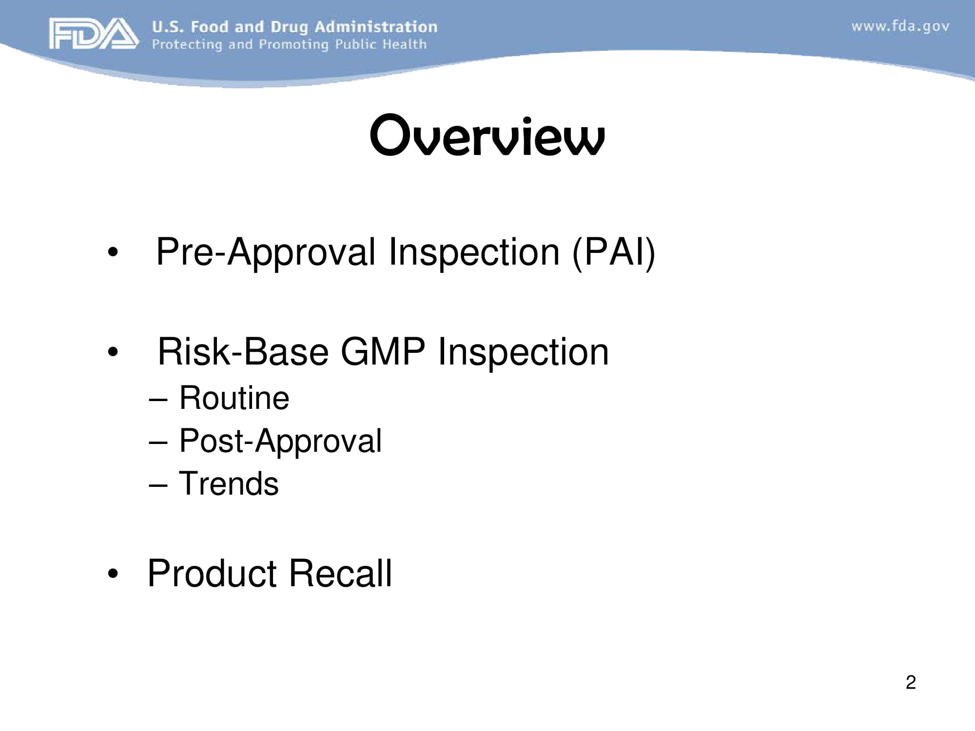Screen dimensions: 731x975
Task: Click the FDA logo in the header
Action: pos(93,34)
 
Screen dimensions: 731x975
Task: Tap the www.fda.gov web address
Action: pos(900,26)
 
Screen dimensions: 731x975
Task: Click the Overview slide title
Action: pos(487,136)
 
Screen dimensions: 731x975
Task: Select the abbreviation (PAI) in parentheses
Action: pos(614,252)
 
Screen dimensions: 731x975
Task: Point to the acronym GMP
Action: pos(383,352)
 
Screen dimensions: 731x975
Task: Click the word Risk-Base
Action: pos(243,352)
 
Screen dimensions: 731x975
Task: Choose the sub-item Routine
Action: pos(234,398)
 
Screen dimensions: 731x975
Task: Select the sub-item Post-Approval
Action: pos(280,442)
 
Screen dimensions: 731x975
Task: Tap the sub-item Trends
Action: pos(229,484)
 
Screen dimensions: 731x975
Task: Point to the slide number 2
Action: pos(911,682)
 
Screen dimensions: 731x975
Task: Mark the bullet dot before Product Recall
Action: pos(113,574)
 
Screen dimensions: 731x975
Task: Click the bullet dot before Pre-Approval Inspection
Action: pos(113,252)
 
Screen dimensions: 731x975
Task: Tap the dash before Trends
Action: pos(158,485)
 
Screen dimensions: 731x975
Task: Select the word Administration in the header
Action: pos(376,27)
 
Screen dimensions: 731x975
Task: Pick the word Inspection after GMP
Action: pos(523,352)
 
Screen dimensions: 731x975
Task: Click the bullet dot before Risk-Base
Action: pos(113,352)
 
